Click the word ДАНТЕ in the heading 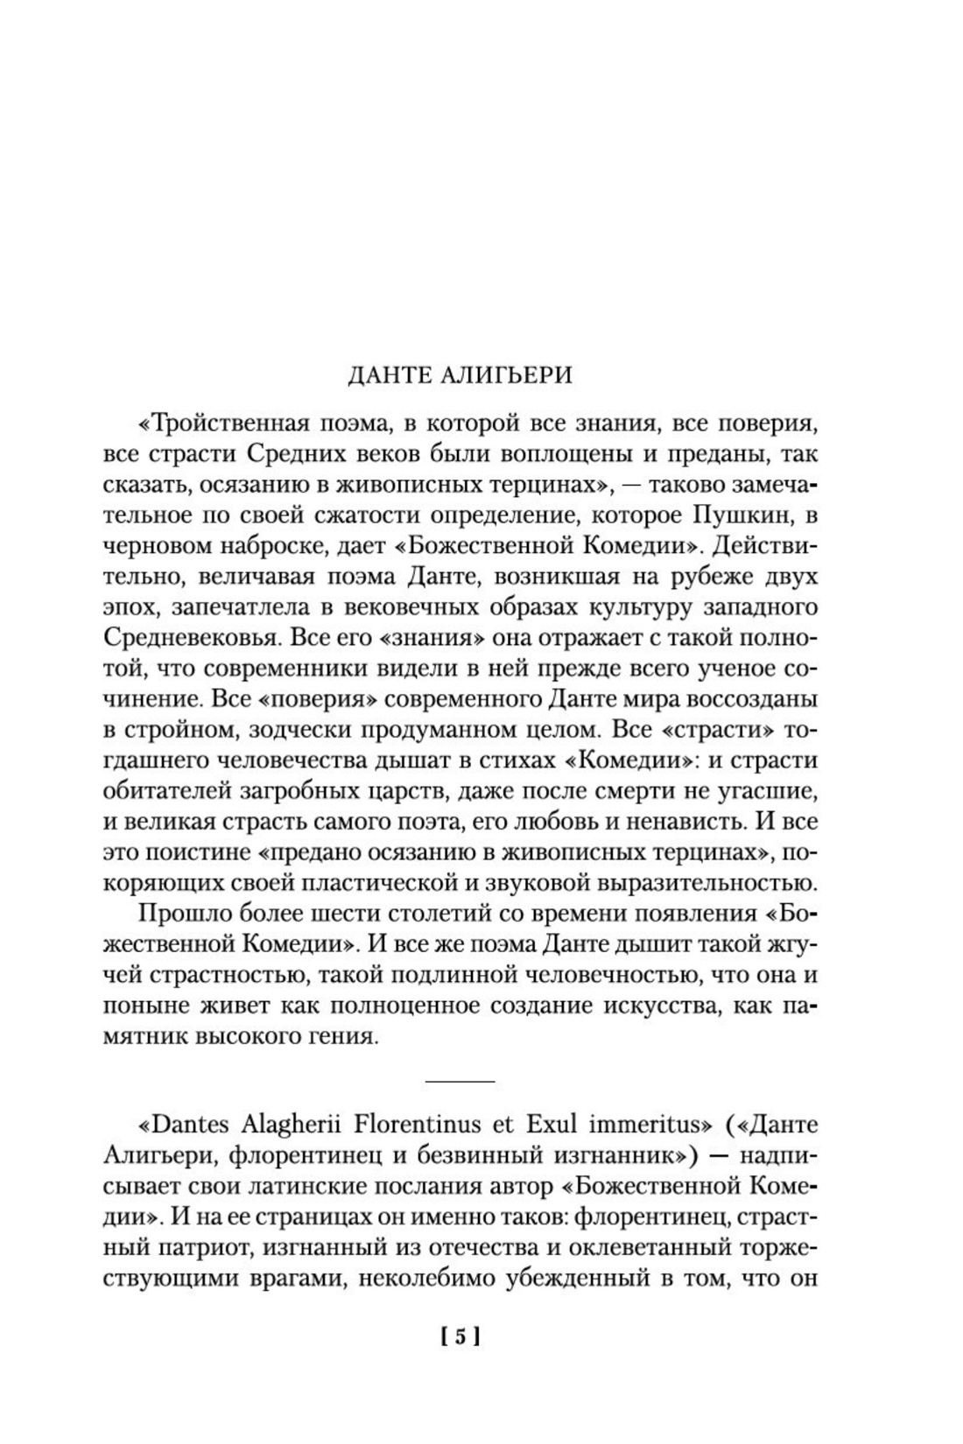[x=386, y=375]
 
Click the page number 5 [x=460, y=1337]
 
